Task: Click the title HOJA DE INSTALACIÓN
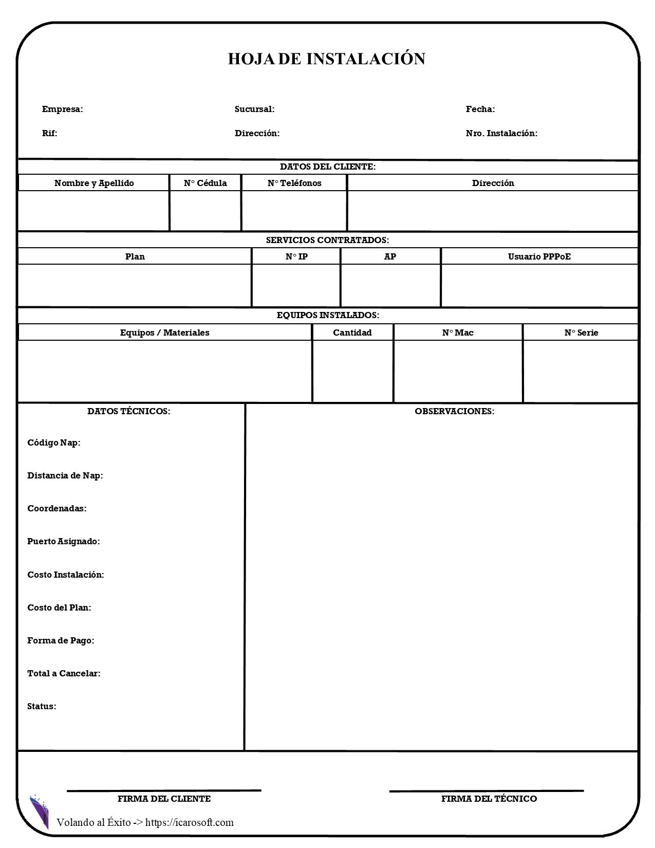tap(327, 59)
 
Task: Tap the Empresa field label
tap(62, 109)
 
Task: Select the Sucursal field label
tap(254, 109)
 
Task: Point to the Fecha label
tap(480, 109)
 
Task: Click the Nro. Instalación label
tap(501, 133)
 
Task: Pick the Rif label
tap(49, 133)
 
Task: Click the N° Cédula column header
tap(205, 183)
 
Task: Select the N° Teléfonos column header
tap(294, 183)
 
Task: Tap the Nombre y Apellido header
tap(94, 183)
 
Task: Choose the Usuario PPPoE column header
tap(539, 256)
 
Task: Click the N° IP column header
tap(296, 256)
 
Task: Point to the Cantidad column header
tap(352, 333)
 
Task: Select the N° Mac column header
tap(457, 333)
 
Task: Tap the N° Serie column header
tap(581, 333)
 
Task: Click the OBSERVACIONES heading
tap(454, 411)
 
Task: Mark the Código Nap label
tap(53, 443)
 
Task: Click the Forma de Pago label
tap(61, 640)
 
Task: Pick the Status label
tap(42, 706)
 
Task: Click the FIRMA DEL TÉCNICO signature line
tap(486, 791)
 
